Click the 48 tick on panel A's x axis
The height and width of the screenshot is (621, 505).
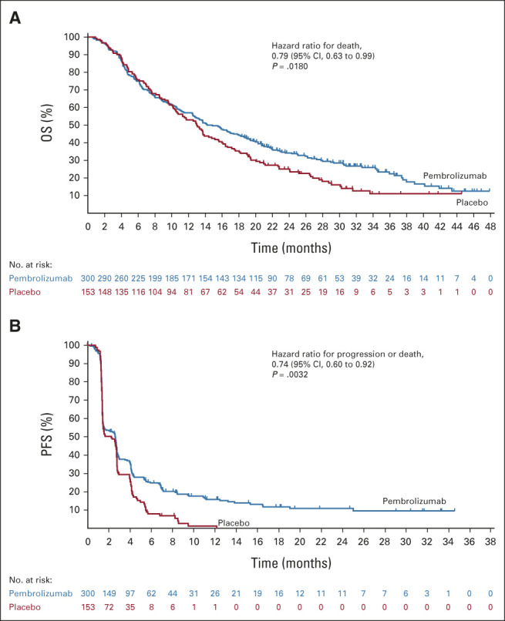(490, 227)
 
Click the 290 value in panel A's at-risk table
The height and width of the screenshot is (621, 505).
(110, 277)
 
